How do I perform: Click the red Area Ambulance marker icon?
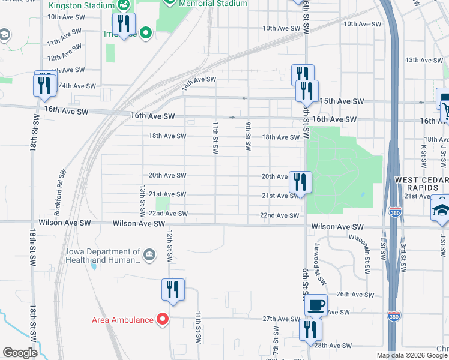pyautogui.click(x=161, y=319)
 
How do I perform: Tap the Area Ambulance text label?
pyautogui.click(x=122, y=319)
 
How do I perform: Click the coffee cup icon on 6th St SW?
pyautogui.click(x=316, y=305)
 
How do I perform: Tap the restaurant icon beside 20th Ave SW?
pyautogui.click(x=300, y=181)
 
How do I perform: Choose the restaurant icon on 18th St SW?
pyautogui.click(x=44, y=85)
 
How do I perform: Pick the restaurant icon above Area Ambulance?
pyautogui.click(x=172, y=290)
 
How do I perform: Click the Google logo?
pyautogui.click(x=20, y=353)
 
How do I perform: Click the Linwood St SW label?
pyautogui.click(x=319, y=263)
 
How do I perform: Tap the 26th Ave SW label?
pyautogui.click(x=355, y=295)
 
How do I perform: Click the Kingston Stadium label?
pyautogui.click(x=81, y=5)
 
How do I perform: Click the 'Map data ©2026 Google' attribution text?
pyautogui.click(x=411, y=355)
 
